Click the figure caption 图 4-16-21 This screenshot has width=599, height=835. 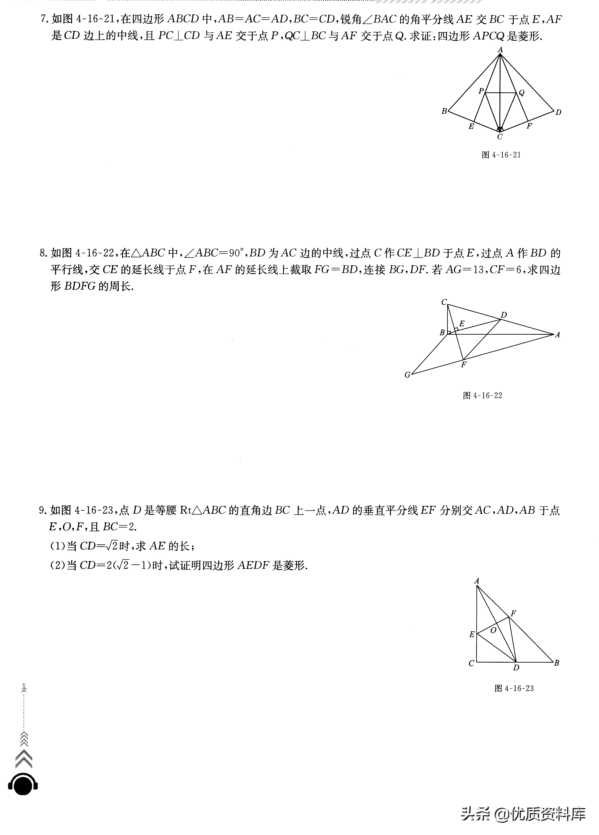click(501, 155)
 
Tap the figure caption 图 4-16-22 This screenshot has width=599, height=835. click(482, 395)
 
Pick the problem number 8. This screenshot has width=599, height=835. click(43, 253)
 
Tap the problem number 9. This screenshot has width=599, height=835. click(43, 510)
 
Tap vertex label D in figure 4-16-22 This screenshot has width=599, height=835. click(504, 315)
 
